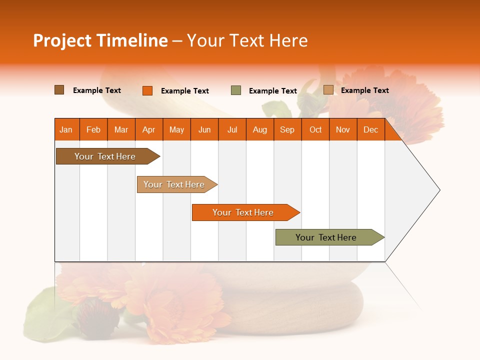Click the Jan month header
coord(66,129)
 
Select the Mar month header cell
coord(121,129)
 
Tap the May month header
coord(176,129)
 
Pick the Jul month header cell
coord(232,129)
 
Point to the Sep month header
coord(287,129)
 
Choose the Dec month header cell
coord(370,129)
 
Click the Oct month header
coord(315,129)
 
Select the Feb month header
coord(93,129)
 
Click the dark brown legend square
coord(59,90)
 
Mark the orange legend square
coord(147,90)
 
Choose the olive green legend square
coord(236,90)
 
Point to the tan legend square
coord(328,90)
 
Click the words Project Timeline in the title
coord(100,40)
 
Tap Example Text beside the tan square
coord(364,90)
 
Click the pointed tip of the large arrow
coord(438,190)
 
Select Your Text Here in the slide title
coord(247,40)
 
